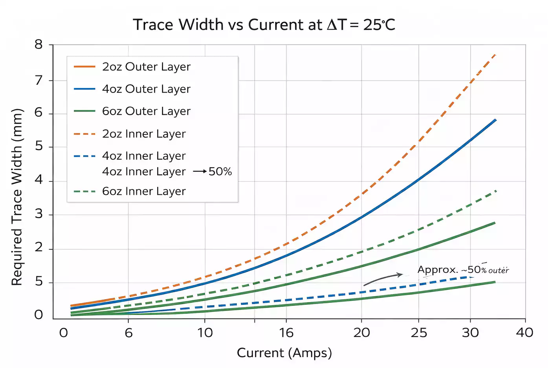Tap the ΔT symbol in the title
click(x=337, y=25)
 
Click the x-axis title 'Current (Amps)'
click(x=284, y=353)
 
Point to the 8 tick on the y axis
click(x=38, y=44)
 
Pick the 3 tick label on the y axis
click(x=38, y=214)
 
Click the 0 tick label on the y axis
click(x=38, y=315)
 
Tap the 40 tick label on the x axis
click(x=524, y=333)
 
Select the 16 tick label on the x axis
click(x=286, y=333)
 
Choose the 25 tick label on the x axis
click(x=419, y=333)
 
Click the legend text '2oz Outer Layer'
click(x=146, y=67)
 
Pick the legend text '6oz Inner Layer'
click(x=144, y=191)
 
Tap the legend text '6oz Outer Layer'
click(x=146, y=111)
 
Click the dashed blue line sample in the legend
click(x=84, y=156)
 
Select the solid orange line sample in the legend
click(x=84, y=67)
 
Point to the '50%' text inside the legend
click(x=220, y=172)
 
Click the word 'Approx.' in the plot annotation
click(x=438, y=270)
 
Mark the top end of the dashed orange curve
click(x=495, y=55)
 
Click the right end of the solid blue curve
click(x=495, y=120)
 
